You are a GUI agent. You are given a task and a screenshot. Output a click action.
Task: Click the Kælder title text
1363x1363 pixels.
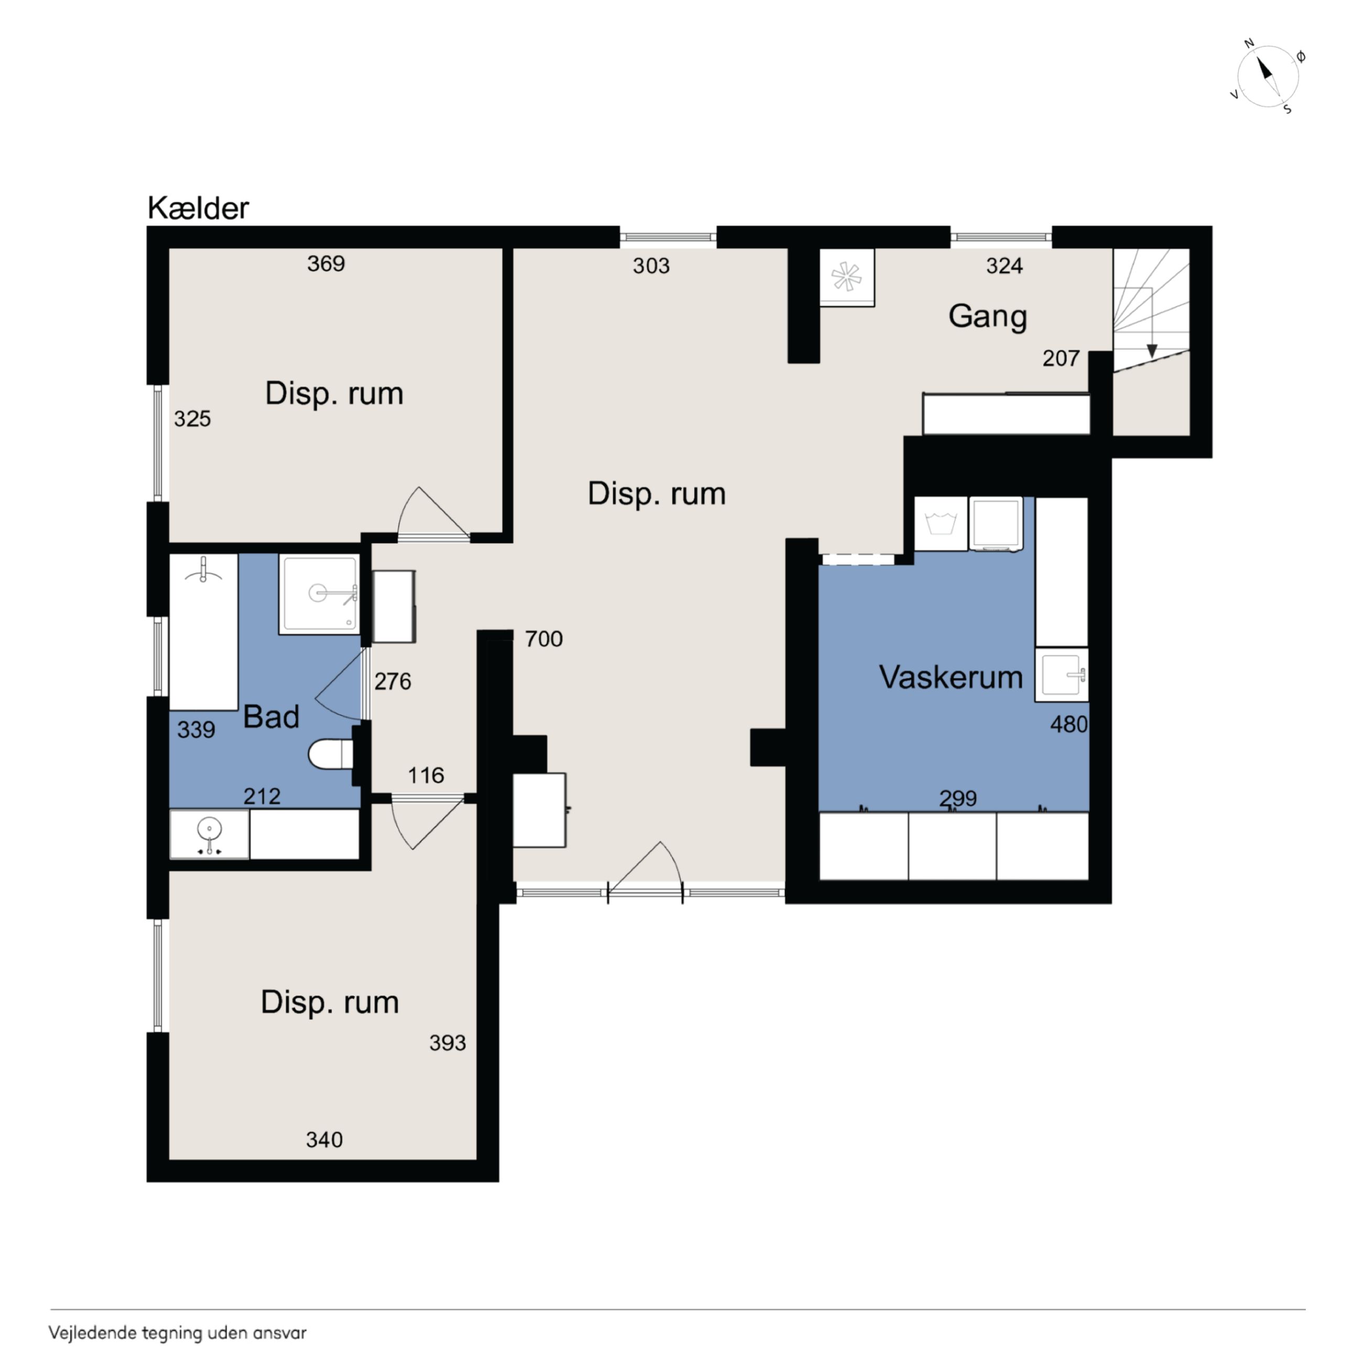coord(198,208)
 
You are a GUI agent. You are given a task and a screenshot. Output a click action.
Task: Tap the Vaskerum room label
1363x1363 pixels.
coord(950,677)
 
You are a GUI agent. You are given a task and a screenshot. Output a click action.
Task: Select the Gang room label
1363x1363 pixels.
coord(987,317)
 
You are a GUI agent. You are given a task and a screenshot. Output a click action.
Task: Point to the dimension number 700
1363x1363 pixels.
coord(544,639)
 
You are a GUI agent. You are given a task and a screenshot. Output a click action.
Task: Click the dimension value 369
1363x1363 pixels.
coord(326,264)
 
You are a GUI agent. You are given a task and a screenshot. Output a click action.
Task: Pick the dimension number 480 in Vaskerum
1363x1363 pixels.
coord(1069,724)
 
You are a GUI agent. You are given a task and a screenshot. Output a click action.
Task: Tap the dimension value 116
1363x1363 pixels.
coord(426,776)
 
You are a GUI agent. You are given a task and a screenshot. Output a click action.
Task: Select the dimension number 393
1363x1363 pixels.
coord(448,1043)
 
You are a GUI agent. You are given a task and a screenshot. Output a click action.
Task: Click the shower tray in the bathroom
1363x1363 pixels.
coord(320,594)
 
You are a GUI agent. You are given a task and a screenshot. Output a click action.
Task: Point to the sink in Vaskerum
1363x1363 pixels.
coord(1062,675)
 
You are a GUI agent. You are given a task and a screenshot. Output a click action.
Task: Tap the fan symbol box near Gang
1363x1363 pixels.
coord(847,277)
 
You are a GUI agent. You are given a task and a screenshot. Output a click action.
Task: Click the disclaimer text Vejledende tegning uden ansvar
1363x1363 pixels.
coord(178,1333)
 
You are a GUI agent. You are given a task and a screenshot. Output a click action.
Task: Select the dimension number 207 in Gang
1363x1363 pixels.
coord(1061,359)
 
